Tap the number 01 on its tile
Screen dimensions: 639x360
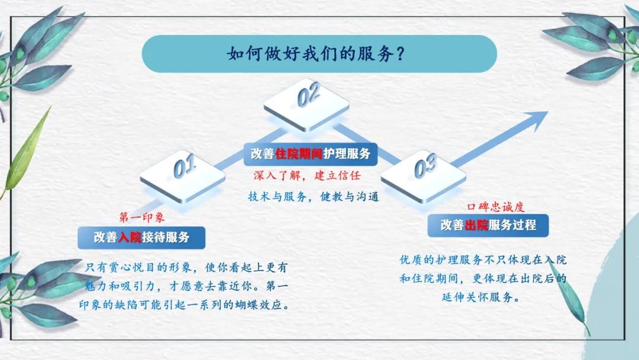point(184,167)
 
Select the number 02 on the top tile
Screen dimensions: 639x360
point(308,95)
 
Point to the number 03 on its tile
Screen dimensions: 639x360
point(425,167)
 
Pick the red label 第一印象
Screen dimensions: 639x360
point(142,217)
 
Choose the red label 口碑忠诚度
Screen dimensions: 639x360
point(496,207)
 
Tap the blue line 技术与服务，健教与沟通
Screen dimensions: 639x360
point(313,197)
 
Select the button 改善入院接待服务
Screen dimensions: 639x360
point(141,237)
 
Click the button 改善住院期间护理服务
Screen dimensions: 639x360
point(310,153)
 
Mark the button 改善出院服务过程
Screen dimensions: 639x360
point(488,226)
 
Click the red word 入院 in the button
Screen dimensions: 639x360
point(130,237)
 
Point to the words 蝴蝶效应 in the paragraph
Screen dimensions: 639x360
point(268,306)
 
